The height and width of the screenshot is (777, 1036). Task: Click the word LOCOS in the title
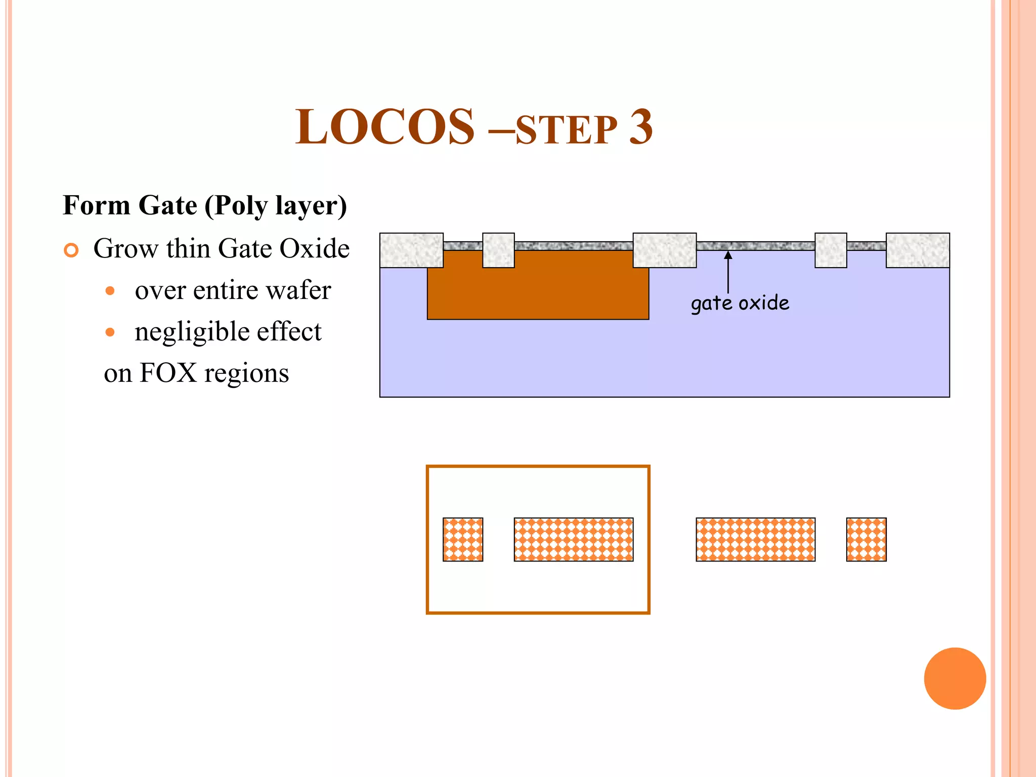click(384, 127)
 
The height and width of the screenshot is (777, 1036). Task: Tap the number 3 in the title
click(640, 127)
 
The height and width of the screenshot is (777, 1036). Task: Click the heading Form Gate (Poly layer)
click(204, 205)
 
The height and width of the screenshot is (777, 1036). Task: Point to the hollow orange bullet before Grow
click(71, 250)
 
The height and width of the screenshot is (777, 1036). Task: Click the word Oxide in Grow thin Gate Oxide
click(314, 248)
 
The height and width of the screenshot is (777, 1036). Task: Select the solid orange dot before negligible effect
click(110, 332)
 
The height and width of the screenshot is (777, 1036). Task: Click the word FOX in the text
click(168, 373)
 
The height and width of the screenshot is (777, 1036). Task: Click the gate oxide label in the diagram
click(740, 303)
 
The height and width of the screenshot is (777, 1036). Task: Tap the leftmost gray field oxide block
click(411, 250)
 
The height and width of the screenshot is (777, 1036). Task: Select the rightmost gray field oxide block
click(917, 250)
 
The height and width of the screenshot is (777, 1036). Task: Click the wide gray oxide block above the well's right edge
click(664, 250)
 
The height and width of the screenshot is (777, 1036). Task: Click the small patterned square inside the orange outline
click(463, 539)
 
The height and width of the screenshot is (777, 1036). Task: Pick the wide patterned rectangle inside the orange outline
click(573, 539)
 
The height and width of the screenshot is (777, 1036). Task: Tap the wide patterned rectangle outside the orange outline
click(755, 539)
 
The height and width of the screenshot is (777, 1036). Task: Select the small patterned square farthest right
click(866, 539)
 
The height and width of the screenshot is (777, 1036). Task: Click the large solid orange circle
click(955, 678)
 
